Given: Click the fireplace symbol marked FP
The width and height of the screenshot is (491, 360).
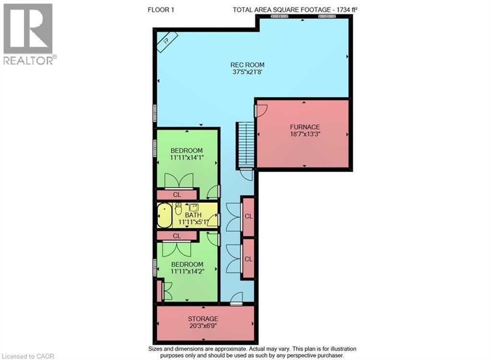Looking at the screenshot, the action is [167, 42].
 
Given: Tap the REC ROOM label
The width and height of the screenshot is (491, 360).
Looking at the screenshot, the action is [247, 65].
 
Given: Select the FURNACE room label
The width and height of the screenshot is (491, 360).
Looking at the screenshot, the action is [304, 127].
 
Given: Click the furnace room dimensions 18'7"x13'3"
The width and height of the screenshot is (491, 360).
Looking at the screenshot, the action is [304, 134].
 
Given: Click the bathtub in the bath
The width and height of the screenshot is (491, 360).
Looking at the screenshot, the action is [164, 216].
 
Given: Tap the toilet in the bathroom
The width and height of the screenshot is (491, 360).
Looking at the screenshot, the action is [178, 209].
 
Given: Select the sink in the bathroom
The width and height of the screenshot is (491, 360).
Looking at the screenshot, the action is [194, 207].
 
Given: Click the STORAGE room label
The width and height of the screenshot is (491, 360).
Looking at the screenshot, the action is [203, 319].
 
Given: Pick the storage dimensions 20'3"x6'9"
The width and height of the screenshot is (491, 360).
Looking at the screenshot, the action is [203, 326].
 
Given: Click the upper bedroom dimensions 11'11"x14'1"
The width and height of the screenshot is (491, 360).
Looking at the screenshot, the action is [187, 158].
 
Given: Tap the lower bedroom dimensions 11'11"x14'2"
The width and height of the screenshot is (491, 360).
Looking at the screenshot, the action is [187, 271].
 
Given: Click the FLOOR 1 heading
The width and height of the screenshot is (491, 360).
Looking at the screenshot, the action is [161, 10].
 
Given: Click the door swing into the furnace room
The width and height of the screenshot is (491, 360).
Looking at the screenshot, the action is [261, 111].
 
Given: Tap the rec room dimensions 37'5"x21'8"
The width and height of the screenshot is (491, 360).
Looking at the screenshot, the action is [247, 72].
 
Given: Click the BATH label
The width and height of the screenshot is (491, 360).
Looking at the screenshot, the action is [193, 215].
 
